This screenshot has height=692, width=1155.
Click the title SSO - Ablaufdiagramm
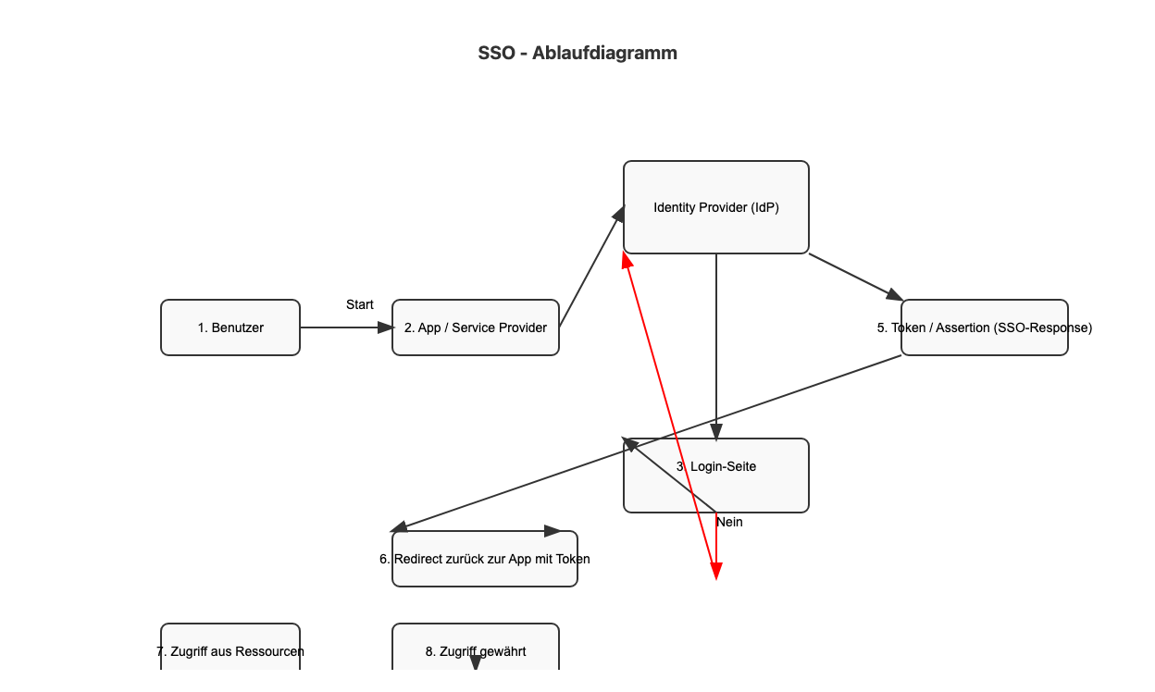pyautogui.click(x=577, y=53)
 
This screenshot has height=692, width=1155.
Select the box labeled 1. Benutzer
pyautogui.click(x=230, y=327)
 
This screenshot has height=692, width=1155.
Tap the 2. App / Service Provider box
pyautogui.click(x=476, y=327)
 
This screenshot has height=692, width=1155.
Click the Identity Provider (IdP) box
pyautogui.click(x=716, y=207)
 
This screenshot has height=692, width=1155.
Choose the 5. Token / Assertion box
pyautogui.click(x=985, y=327)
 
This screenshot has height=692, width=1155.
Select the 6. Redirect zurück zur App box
pyautogui.click(x=485, y=559)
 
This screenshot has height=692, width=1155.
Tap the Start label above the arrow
pyautogui.click(x=360, y=304)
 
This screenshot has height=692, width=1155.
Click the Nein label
pyautogui.click(x=729, y=522)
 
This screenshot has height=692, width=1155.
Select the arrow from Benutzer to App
pyautogui.click(x=342, y=327)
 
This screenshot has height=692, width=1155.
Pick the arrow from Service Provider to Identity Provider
pyautogui.click(x=590, y=268)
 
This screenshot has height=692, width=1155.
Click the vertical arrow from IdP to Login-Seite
pyautogui.click(x=716, y=352)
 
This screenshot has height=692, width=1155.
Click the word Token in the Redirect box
pyautogui.click(x=573, y=559)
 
